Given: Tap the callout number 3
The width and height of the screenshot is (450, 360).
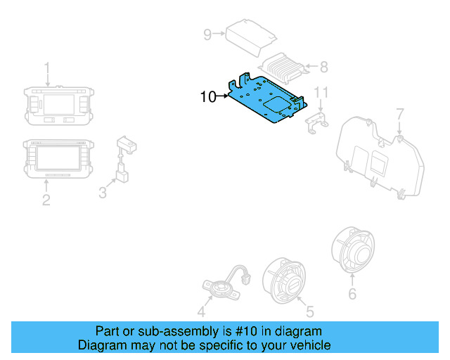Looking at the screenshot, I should [x=103, y=191].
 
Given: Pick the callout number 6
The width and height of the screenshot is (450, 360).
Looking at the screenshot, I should [x=352, y=294].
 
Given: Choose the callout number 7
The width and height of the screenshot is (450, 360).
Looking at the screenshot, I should [x=399, y=113].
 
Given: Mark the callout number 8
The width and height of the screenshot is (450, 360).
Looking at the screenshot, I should [x=323, y=67].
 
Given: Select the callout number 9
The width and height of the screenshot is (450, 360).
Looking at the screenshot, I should [x=207, y=34].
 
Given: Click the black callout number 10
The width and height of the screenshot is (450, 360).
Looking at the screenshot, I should [x=209, y=97].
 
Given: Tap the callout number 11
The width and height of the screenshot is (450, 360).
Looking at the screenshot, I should [x=321, y=93].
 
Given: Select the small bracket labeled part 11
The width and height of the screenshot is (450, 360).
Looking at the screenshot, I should [x=318, y=120].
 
